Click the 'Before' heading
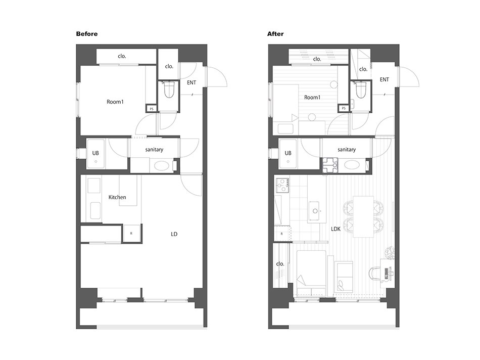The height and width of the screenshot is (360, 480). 86,34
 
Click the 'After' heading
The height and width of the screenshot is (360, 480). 275,34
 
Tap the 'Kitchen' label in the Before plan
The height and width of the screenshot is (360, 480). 117,197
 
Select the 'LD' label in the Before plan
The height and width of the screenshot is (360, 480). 174,234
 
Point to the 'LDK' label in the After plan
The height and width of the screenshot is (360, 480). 336,229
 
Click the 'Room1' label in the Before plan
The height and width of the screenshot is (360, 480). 115,102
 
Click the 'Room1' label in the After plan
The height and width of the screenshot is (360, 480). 312,98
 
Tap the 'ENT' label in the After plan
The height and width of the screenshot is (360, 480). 385,80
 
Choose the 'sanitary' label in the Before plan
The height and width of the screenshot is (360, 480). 154,150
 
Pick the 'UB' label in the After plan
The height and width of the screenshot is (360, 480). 288,153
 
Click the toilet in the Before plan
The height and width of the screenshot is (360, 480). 169,89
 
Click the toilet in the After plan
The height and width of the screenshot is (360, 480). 361,89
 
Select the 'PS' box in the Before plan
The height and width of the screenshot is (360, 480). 151,109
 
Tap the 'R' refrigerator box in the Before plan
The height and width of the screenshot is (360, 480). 131,234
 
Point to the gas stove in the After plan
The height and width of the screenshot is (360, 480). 282,185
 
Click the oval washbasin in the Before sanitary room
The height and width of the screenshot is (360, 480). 161,166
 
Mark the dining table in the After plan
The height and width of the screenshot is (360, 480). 363,216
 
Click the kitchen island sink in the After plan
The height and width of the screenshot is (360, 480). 314,211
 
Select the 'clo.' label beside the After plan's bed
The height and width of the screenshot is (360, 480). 280,264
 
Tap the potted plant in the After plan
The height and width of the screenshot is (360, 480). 390,253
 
